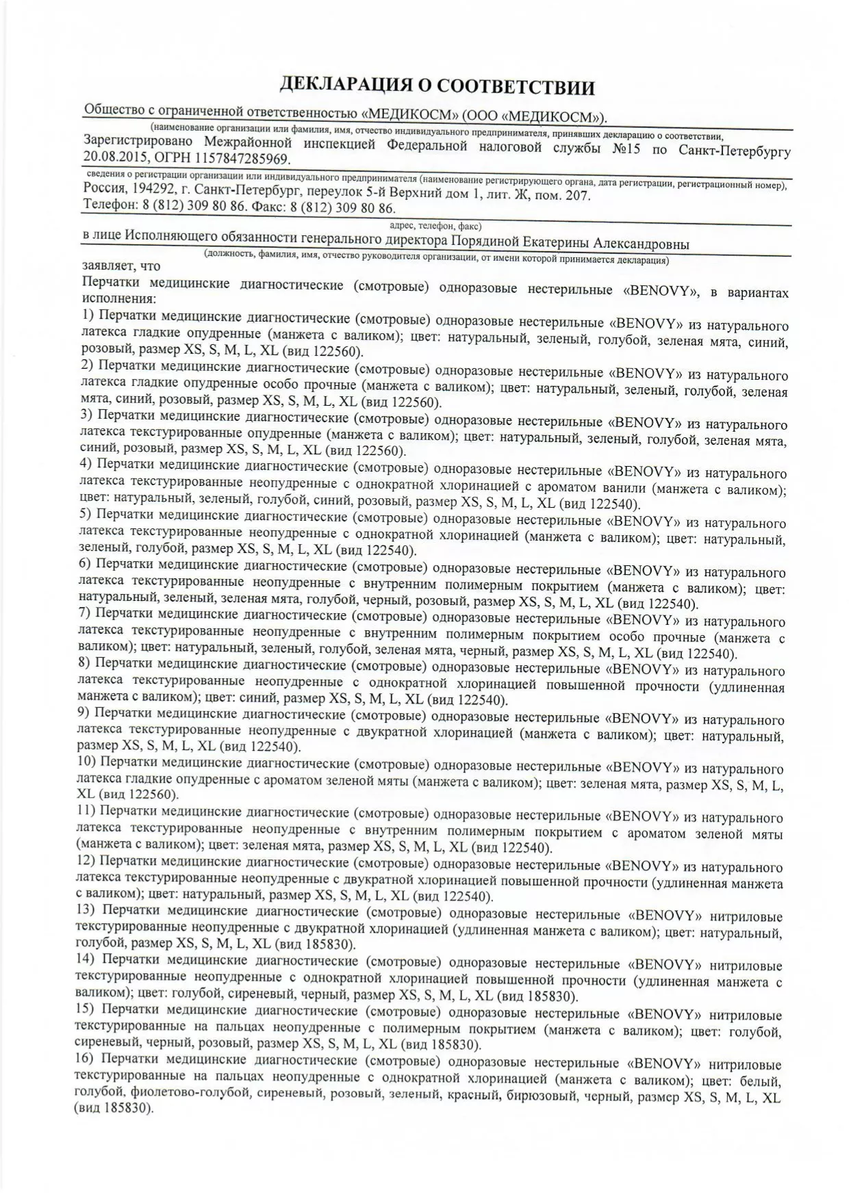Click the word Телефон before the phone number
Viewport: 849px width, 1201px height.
pos(109,205)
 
